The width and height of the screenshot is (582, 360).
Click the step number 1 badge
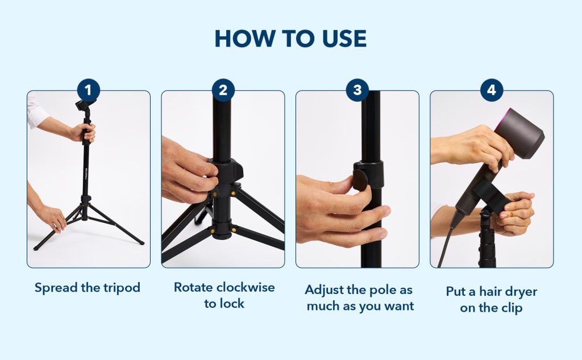click(x=88, y=90)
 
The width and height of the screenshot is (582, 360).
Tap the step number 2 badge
click(x=223, y=90)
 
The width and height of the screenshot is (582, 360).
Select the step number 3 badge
click(x=357, y=90)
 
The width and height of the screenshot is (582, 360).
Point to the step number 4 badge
click(x=492, y=90)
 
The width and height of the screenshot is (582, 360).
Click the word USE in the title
click(x=344, y=38)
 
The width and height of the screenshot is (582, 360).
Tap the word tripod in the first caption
click(x=122, y=288)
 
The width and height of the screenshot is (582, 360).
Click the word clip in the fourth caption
click(x=512, y=308)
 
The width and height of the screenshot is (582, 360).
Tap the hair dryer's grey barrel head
click(x=521, y=134)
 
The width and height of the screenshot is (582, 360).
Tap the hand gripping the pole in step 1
click(x=84, y=133)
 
